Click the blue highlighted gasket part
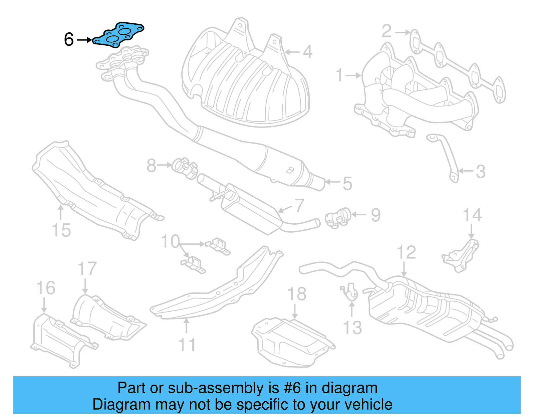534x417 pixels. (x=119, y=35)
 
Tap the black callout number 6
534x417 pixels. (x=68, y=39)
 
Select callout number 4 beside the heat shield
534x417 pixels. (x=307, y=52)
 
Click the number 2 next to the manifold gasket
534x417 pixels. (x=386, y=31)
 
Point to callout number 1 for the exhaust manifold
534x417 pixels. (x=339, y=75)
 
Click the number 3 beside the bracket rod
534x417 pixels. (x=480, y=172)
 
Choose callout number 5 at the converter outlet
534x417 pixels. (x=347, y=184)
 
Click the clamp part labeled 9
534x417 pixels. (x=338, y=219)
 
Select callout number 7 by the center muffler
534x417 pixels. (x=299, y=206)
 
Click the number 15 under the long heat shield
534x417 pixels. (x=61, y=230)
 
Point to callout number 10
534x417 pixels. (x=170, y=241)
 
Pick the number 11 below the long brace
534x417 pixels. (x=187, y=345)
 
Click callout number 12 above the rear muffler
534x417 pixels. (x=406, y=253)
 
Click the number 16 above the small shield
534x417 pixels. (x=46, y=288)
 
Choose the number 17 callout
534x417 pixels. (x=87, y=269)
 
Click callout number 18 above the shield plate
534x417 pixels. (x=297, y=294)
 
